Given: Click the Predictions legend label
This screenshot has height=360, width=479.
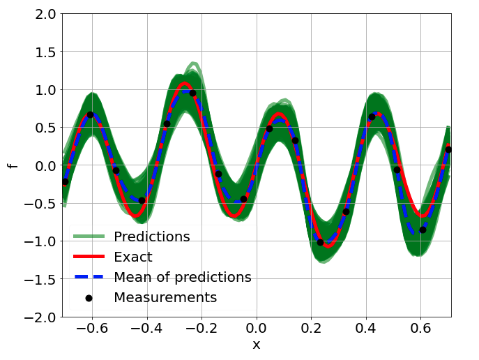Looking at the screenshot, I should (x=152, y=237).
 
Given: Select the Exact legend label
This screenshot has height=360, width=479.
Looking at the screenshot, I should (x=132, y=257).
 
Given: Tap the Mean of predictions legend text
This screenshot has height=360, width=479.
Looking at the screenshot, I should (x=182, y=277).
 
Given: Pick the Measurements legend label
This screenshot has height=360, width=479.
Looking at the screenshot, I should (x=165, y=297).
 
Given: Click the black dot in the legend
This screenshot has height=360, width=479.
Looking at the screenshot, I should (x=89, y=298).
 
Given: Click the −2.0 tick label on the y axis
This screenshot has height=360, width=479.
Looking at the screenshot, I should (x=39, y=317).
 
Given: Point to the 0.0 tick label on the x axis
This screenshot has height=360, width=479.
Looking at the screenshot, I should (x=257, y=328).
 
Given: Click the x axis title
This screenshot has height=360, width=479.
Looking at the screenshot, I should (x=257, y=345).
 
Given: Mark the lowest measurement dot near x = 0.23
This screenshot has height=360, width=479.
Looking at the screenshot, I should (x=320, y=242).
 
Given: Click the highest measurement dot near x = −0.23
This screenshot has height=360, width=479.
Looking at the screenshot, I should (x=192, y=93).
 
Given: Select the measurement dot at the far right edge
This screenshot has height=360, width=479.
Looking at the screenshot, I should (x=448, y=149).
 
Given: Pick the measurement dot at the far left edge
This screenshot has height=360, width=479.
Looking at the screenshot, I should (x=65, y=181).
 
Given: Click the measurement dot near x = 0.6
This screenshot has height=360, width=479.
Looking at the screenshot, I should (x=423, y=230).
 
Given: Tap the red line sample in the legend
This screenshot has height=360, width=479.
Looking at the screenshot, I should (x=89, y=257).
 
